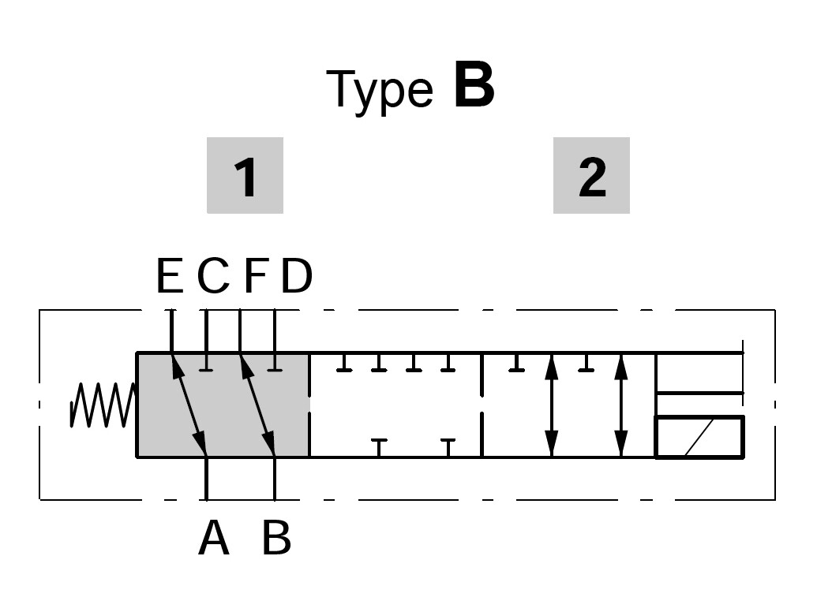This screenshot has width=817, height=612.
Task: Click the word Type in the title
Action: [x=379, y=89]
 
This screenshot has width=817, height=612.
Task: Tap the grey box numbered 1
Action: [x=245, y=176]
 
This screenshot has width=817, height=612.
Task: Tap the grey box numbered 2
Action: [x=591, y=176]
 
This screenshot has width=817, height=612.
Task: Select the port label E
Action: [x=170, y=277]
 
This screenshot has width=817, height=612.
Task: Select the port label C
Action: [x=212, y=277]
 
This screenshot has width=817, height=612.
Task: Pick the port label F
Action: [x=255, y=277]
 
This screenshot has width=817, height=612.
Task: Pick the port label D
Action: [x=297, y=277]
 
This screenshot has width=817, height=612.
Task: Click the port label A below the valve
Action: [x=213, y=539]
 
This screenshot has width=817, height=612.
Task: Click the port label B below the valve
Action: [x=276, y=539]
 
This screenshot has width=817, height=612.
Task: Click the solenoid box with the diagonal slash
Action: [x=699, y=437]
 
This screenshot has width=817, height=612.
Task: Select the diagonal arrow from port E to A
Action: [x=189, y=405]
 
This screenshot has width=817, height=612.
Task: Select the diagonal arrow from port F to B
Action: [x=258, y=405]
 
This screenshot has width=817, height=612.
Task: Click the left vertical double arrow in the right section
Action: [x=551, y=405]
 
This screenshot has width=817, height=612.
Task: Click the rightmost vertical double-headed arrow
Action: [x=620, y=405]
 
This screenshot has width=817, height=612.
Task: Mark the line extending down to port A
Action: [x=206, y=479]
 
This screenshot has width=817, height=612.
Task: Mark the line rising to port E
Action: [x=171, y=331]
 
